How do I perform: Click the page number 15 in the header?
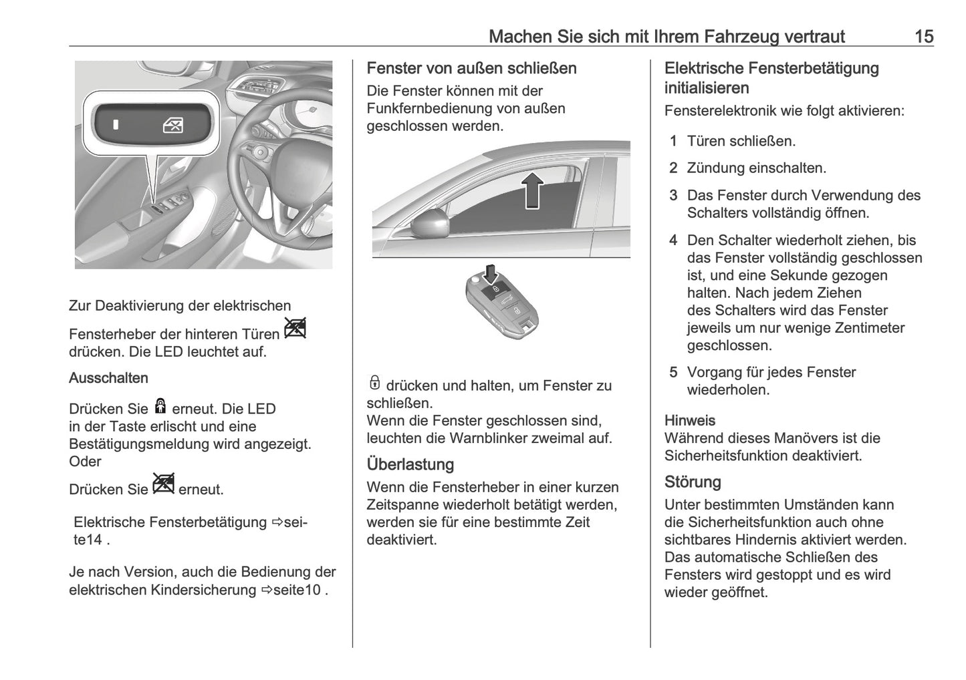[923, 36]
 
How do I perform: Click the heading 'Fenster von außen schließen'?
[471, 68]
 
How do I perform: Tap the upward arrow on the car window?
[531, 190]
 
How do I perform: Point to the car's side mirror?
[429, 223]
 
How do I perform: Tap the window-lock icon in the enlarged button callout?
[173, 126]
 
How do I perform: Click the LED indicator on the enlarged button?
[116, 125]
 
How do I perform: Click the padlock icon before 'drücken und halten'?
[374, 383]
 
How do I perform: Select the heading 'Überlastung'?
[410, 464]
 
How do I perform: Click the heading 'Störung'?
[692, 482]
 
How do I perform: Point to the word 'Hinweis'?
[689, 421]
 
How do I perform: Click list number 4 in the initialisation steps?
[673, 240]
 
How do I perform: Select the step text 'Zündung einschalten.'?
[756, 168]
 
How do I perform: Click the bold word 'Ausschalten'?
[108, 378]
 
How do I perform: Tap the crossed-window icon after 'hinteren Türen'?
[294, 328]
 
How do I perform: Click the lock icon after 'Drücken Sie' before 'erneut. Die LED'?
[160, 405]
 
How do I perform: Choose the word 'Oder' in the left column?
[85, 462]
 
